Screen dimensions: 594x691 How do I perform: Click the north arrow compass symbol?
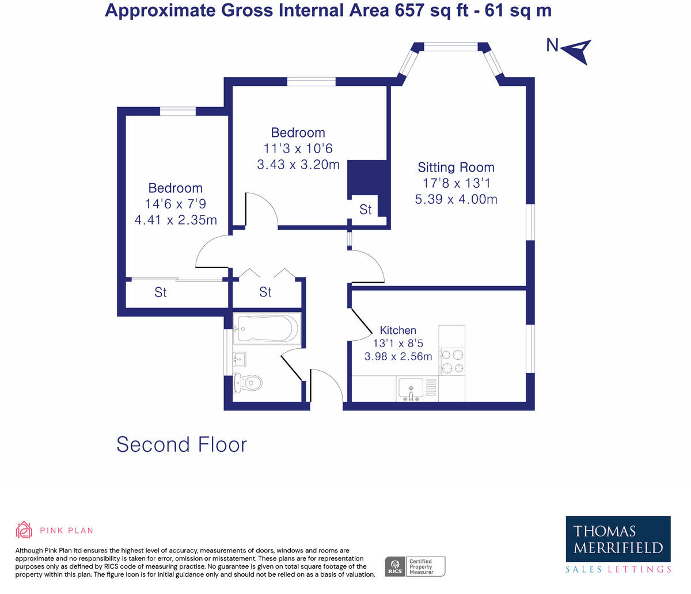577,51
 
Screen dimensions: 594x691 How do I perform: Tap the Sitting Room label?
455,167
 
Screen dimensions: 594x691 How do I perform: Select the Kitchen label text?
398,330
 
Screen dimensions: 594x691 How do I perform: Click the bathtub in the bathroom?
266,329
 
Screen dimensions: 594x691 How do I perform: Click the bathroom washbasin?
240,360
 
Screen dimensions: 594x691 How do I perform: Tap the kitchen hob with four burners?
451,361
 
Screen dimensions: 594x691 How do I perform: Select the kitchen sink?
411,387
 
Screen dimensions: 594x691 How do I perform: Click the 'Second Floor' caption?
181,444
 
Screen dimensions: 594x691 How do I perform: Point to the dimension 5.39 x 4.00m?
455,199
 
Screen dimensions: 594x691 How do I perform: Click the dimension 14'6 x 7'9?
176,204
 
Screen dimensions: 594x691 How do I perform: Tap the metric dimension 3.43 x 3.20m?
298,165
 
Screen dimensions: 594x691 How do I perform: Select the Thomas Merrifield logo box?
618,539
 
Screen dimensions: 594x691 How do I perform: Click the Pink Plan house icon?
24,530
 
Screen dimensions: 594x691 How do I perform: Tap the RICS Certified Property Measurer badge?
415,566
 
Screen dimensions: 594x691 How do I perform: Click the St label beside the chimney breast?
366,210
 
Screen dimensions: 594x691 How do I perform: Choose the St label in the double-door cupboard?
265,292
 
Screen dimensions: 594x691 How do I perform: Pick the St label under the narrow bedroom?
161,292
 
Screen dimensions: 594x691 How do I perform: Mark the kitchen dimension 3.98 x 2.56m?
398,356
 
